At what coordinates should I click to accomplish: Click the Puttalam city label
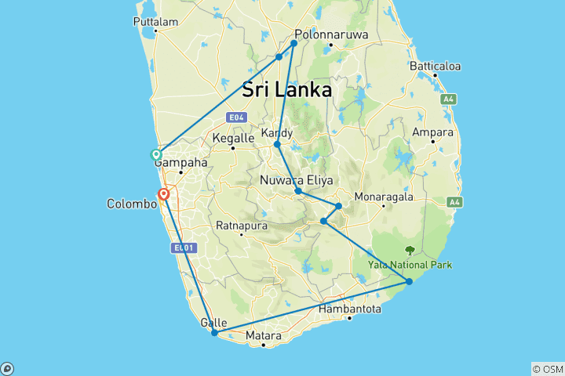coord(157,22)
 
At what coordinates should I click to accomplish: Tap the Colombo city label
coord(132,204)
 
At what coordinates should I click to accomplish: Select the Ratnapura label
coord(242,226)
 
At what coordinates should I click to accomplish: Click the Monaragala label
coord(384,197)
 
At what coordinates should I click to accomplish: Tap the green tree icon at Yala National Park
coord(409,251)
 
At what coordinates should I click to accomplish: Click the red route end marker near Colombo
coord(164,193)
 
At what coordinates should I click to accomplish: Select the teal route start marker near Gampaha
coord(157,155)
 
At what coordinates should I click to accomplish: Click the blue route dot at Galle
coord(214,333)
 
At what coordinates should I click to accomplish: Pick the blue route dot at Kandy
coord(277,144)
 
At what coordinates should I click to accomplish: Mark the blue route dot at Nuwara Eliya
coord(298,191)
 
